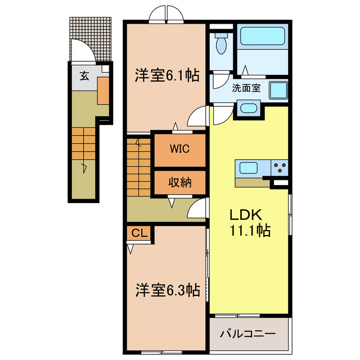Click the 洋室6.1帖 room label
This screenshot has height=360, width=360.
point(166,75)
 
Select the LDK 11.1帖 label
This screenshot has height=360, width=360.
point(249,223)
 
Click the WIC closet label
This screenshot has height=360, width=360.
point(179,149)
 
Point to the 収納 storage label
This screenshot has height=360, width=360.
point(179,182)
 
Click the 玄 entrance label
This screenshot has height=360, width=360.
point(83,76)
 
